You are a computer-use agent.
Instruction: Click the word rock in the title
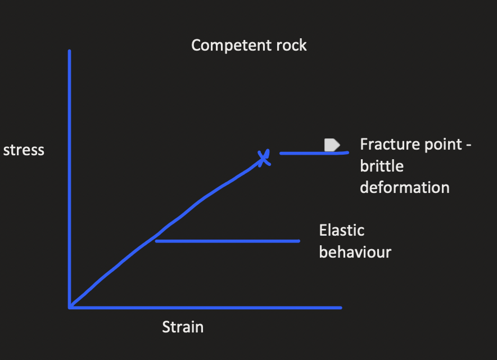point(291,45)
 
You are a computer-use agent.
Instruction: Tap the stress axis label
point(24,150)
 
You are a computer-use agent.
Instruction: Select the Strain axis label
point(183,327)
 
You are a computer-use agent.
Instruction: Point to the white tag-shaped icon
point(332,145)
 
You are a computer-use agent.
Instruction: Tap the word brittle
point(382,166)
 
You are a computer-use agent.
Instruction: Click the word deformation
point(404,187)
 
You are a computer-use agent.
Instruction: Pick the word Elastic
point(342,230)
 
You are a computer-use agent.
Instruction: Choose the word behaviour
point(355,251)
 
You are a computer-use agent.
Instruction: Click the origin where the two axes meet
point(70,307)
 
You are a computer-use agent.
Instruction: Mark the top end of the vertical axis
point(69,52)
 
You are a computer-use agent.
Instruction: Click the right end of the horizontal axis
point(340,307)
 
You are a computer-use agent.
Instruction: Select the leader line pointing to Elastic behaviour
point(228,241)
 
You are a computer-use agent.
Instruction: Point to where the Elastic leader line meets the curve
point(156,241)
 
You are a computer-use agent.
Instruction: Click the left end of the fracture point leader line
point(281,152)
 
